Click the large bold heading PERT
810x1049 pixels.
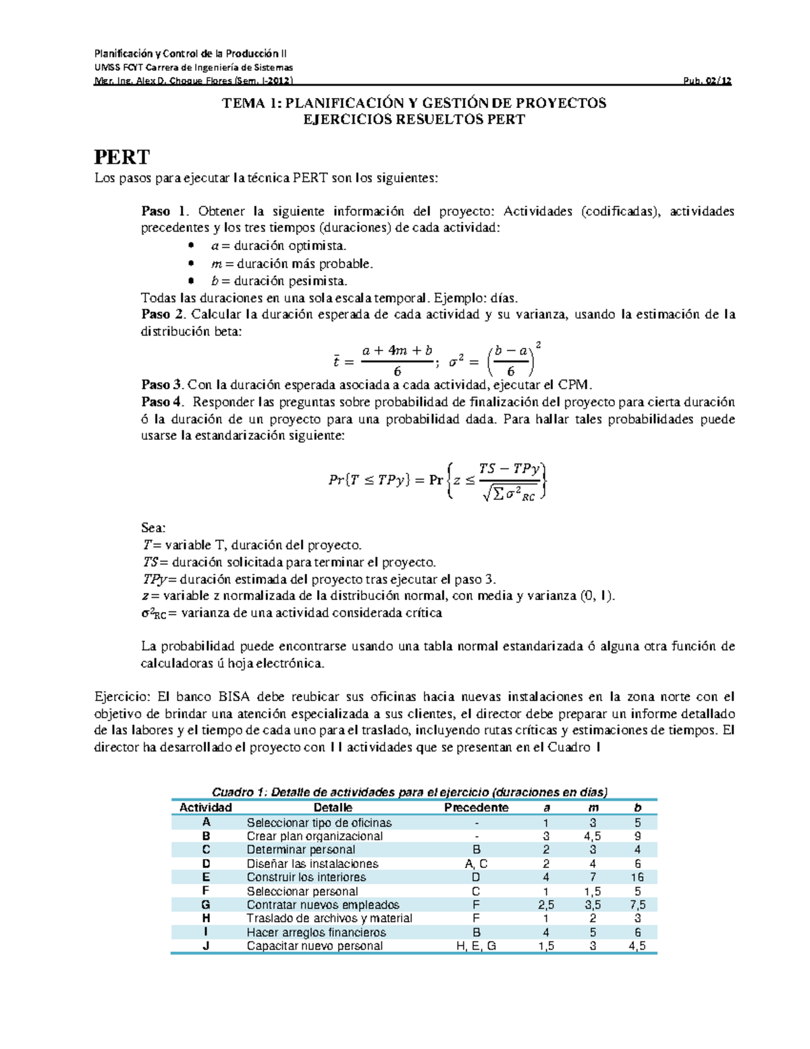click(122, 157)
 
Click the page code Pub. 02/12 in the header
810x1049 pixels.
click(707, 81)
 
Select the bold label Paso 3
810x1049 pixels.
click(162, 385)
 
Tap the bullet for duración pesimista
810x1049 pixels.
click(192, 281)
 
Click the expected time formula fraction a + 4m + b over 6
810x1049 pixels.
click(397, 361)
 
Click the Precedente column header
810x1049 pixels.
click(476, 808)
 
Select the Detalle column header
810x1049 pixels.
click(333, 808)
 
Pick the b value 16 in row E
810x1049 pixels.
click(637, 877)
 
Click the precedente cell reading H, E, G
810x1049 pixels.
click(476, 946)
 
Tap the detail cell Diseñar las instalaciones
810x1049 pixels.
click(313, 864)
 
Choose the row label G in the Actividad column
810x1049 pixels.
click(206, 905)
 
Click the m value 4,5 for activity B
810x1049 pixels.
click(592, 836)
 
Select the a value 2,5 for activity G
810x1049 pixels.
click(546, 905)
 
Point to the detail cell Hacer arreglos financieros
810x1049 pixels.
click(316, 933)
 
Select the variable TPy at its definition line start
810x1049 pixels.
click(154, 580)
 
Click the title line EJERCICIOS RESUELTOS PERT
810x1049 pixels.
click(414, 120)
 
